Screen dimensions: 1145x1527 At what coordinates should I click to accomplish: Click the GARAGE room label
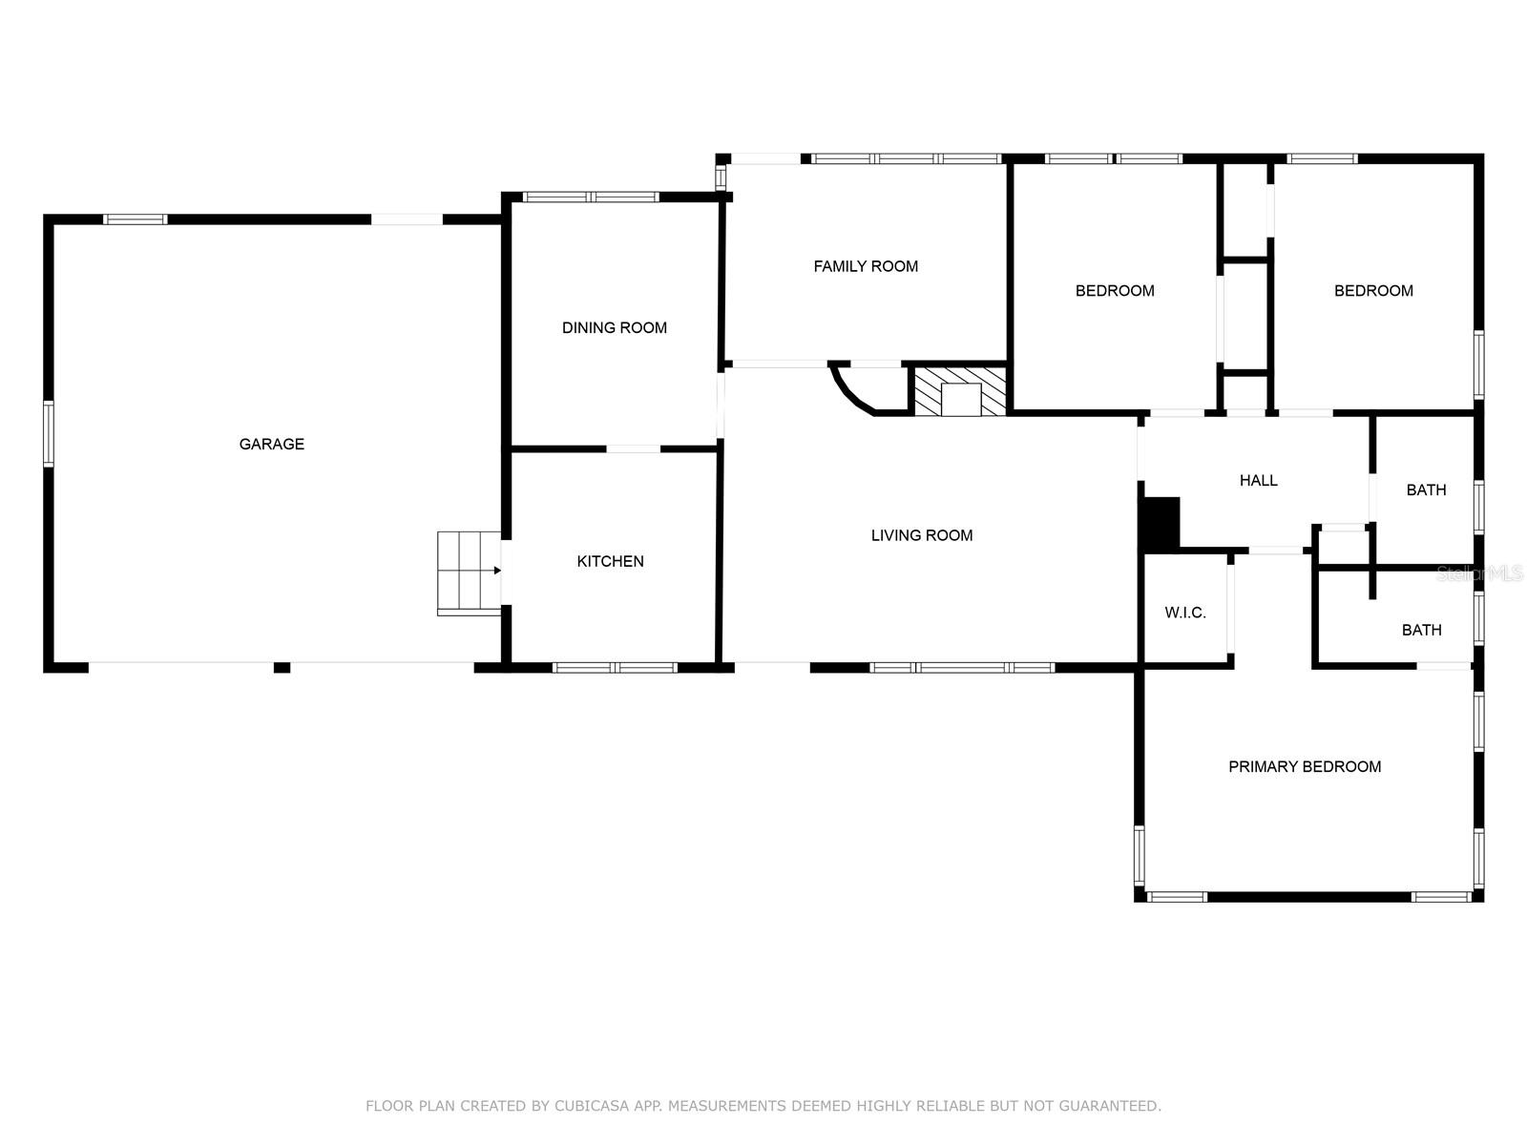tap(271, 444)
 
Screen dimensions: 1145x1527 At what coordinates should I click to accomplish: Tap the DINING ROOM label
tap(614, 327)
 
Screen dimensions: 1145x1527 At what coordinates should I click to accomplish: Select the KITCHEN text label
tap(610, 561)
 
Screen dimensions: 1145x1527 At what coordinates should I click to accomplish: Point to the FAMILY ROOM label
tap(866, 266)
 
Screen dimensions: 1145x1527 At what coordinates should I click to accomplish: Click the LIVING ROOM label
tap(922, 535)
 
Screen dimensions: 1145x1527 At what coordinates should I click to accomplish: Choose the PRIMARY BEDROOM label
tap(1304, 766)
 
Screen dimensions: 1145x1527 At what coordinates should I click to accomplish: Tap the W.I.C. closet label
tap(1185, 613)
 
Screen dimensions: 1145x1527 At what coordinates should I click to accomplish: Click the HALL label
tap(1258, 480)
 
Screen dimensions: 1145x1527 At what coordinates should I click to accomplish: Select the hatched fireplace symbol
tap(960, 391)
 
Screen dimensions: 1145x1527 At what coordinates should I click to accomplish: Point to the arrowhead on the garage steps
tap(497, 571)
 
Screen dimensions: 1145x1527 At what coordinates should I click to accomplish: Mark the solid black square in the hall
tap(1161, 523)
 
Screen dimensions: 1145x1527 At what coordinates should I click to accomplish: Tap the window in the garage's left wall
tap(49, 434)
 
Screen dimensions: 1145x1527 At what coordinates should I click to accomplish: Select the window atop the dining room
tap(591, 198)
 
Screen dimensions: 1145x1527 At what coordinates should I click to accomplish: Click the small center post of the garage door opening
tap(282, 667)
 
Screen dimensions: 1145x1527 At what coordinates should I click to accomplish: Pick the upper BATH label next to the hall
tap(1426, 489)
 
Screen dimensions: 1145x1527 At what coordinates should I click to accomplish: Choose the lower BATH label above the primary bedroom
tap(1421, 630)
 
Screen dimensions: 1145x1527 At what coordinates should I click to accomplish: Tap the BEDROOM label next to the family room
tap(1115, 290)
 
